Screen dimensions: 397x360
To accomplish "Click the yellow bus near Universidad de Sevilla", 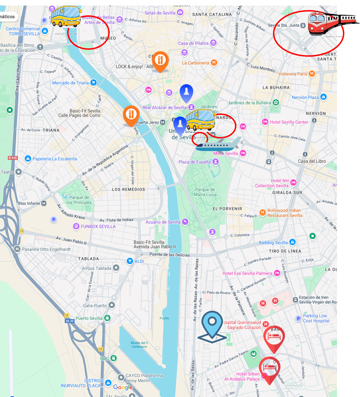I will (x=200, y=120).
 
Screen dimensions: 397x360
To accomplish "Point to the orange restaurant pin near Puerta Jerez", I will (x=131, y=115).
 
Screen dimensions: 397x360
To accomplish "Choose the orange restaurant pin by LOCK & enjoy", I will (x=160, y=61).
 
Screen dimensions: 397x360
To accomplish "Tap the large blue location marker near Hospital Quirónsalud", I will (x=212, y=326).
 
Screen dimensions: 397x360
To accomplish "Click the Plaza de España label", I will (x=195, y=162).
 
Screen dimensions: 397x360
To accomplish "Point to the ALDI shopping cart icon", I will (x=130, y=261).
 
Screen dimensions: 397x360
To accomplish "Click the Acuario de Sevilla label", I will (x=163, y=222).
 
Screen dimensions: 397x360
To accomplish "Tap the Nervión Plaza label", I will (x=305, y=97).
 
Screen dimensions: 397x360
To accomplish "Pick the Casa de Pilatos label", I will (x=193, y=43).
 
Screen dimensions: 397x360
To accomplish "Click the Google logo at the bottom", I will (x=123, y=387).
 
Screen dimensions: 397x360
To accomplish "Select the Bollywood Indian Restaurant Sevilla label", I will (x=284, y=213).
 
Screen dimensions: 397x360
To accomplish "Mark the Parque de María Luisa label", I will (x=205, y=192).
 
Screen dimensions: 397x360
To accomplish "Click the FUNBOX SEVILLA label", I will (x=98, y=227).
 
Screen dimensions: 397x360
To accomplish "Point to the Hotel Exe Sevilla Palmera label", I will (x=247, y=273).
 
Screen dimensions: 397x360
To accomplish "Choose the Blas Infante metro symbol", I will (x=44, y=203).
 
